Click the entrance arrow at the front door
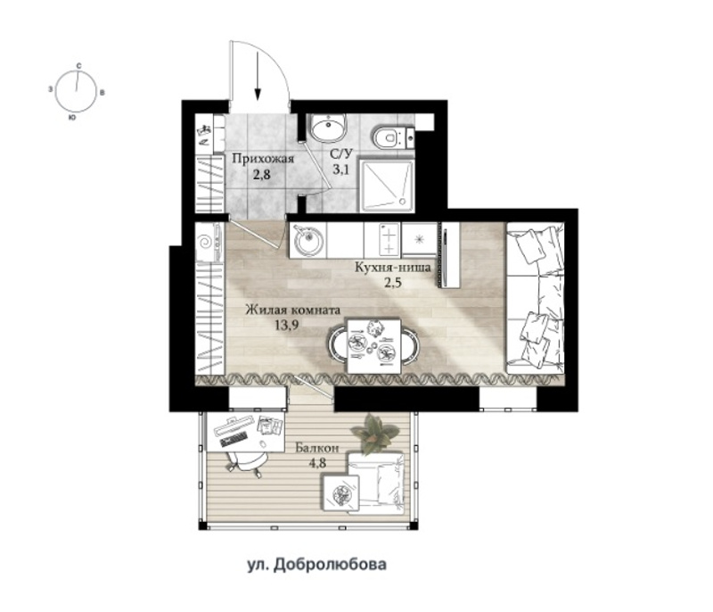coord(258,75)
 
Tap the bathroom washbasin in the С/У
coord(327,127)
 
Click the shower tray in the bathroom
coord(387,185)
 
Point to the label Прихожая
coord(263,159)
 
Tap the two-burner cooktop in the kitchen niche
coord(389,240)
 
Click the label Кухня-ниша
coord(392,267)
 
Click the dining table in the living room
coord(373,346)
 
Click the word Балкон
coord(317,448)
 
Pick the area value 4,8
coord(318,463)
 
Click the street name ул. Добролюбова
coord(317,565)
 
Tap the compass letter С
coord(78,66)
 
